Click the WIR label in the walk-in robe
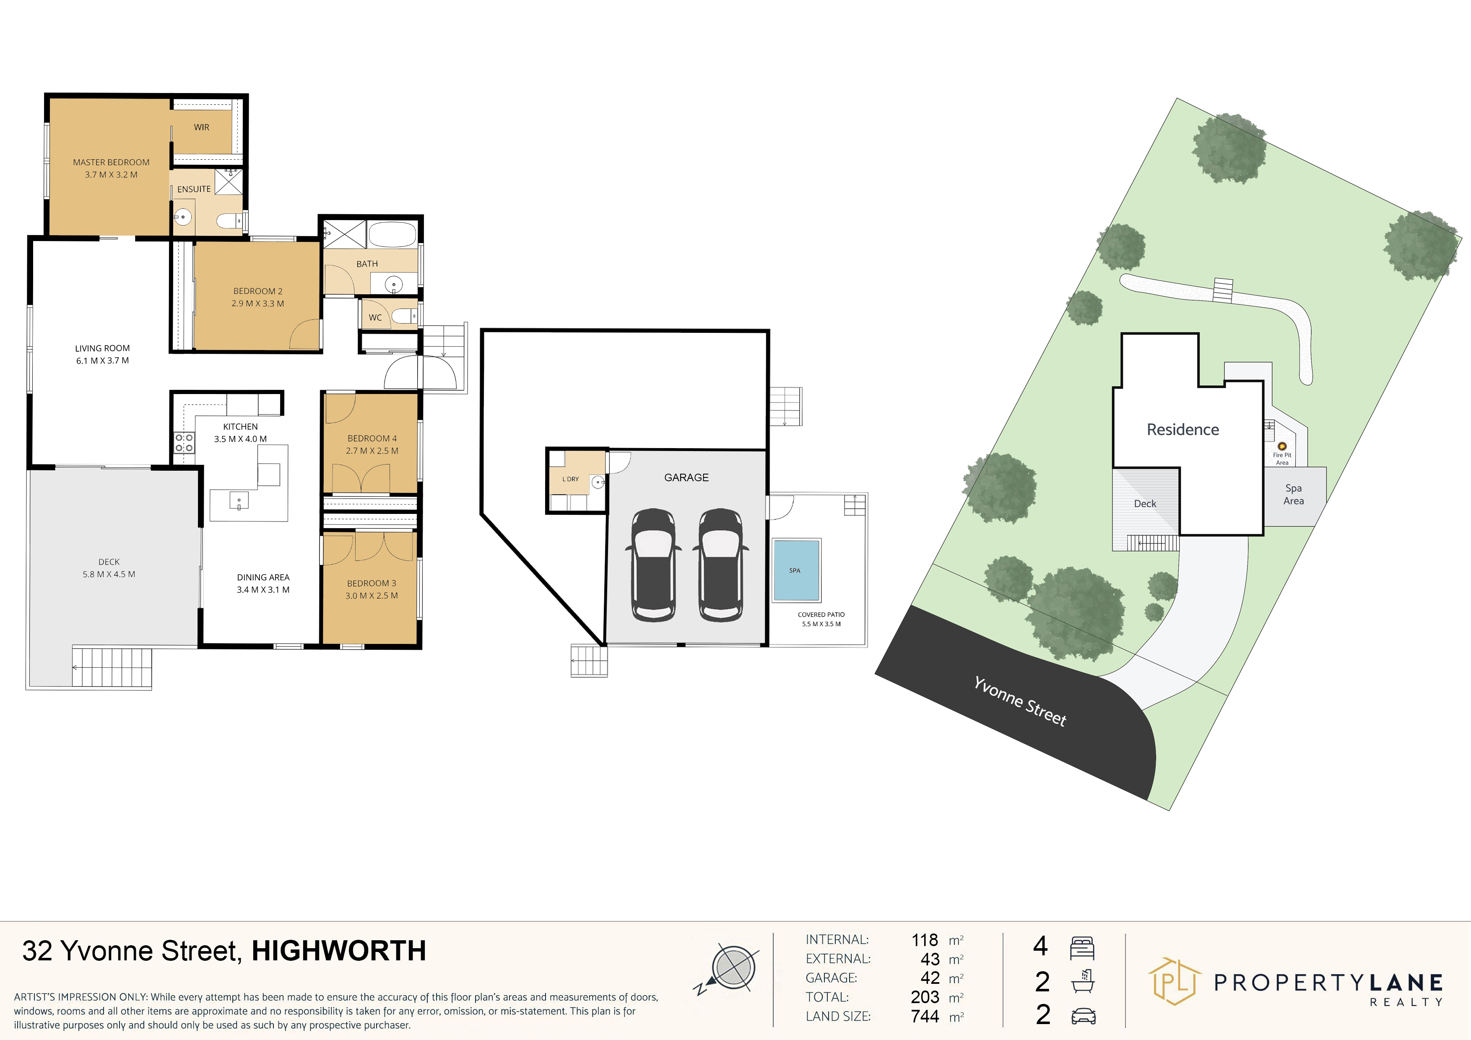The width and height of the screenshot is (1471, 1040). pos(202,127)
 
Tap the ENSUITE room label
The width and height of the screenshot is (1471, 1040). pos(194,189)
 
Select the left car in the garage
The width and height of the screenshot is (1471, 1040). pos(653,565)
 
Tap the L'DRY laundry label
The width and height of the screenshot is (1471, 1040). pos(570,479)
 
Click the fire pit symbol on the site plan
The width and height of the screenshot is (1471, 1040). pos(1282,446)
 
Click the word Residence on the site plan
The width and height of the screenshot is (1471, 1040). pos(1183,430)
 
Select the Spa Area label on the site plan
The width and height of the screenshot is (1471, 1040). pos(1294,494)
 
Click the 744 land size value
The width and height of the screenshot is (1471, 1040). pos(925,1016)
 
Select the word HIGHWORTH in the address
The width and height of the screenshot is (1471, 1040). pos(339,951)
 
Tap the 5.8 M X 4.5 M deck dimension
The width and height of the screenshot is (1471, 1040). pos(109,574)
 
